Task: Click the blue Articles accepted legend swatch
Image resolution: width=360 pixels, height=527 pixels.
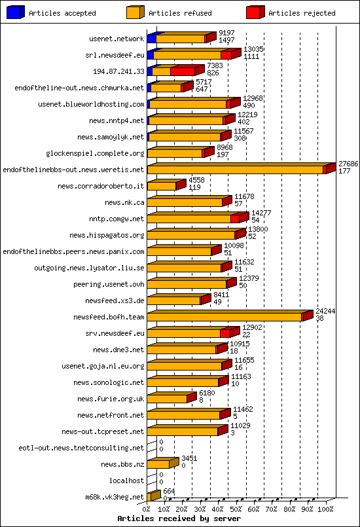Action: (16, 12)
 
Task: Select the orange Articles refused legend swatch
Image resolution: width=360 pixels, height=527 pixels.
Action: (135, 12)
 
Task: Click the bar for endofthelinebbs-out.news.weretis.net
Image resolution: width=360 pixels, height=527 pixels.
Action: (236, 170)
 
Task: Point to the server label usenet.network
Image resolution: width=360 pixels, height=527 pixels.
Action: (117, 39)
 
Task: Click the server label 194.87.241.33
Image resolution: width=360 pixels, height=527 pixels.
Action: (118, 71)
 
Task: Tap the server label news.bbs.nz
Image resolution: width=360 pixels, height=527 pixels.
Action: (122, 464)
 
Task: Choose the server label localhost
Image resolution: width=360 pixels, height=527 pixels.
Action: (128, 481)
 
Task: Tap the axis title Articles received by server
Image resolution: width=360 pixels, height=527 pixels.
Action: (179, 518)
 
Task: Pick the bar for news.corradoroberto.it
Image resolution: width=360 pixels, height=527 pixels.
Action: (162, 186)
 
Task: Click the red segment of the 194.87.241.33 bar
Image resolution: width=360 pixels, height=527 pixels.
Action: (183, 71)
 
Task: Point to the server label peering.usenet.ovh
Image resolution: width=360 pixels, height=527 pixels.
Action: (109, 284)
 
